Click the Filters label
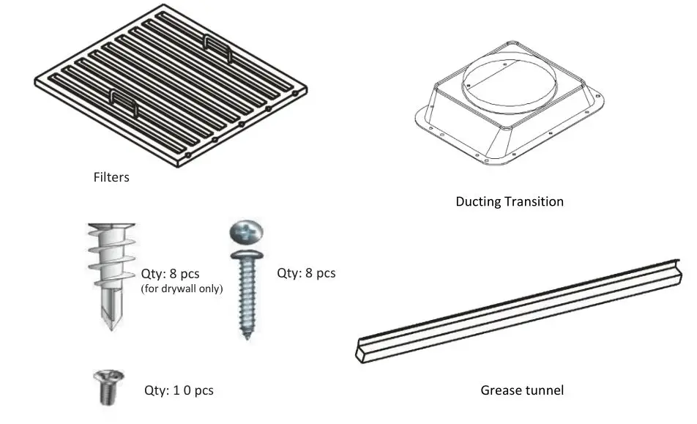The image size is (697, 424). point(111,177)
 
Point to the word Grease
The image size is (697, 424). point(500,390)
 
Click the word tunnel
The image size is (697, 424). point(543,390)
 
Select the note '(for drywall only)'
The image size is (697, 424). point(181,289)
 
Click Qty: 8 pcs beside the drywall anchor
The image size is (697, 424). point(169,275)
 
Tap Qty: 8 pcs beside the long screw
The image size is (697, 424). point(306,273)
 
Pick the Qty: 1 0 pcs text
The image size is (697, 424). point(179,390)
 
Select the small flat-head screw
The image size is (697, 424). point(104,387)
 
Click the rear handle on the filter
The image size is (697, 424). point(217,48)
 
